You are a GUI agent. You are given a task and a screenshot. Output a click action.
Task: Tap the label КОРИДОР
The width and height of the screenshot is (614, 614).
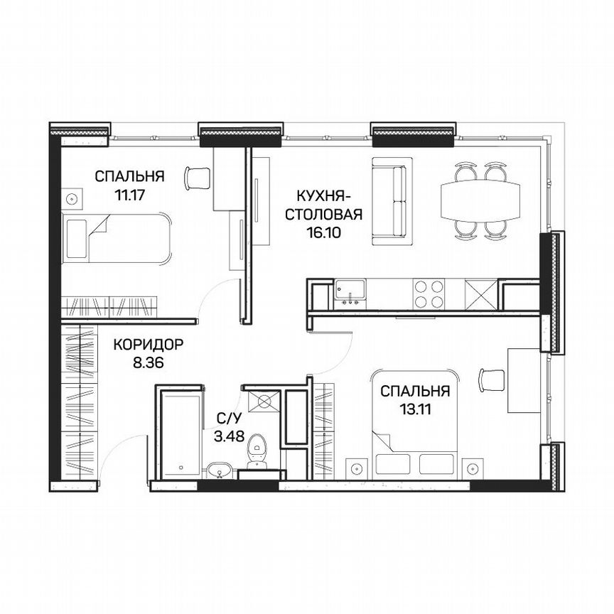[149, 345]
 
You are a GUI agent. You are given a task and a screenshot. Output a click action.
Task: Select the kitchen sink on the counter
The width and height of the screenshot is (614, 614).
[350, 291]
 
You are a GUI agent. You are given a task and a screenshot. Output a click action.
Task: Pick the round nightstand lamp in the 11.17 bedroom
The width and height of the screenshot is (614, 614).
[72, 199]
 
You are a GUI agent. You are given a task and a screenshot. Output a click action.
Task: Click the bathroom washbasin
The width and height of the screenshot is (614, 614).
[221, 470]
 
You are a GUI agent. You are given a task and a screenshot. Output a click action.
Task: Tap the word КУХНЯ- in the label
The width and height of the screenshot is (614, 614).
[323, 195]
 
